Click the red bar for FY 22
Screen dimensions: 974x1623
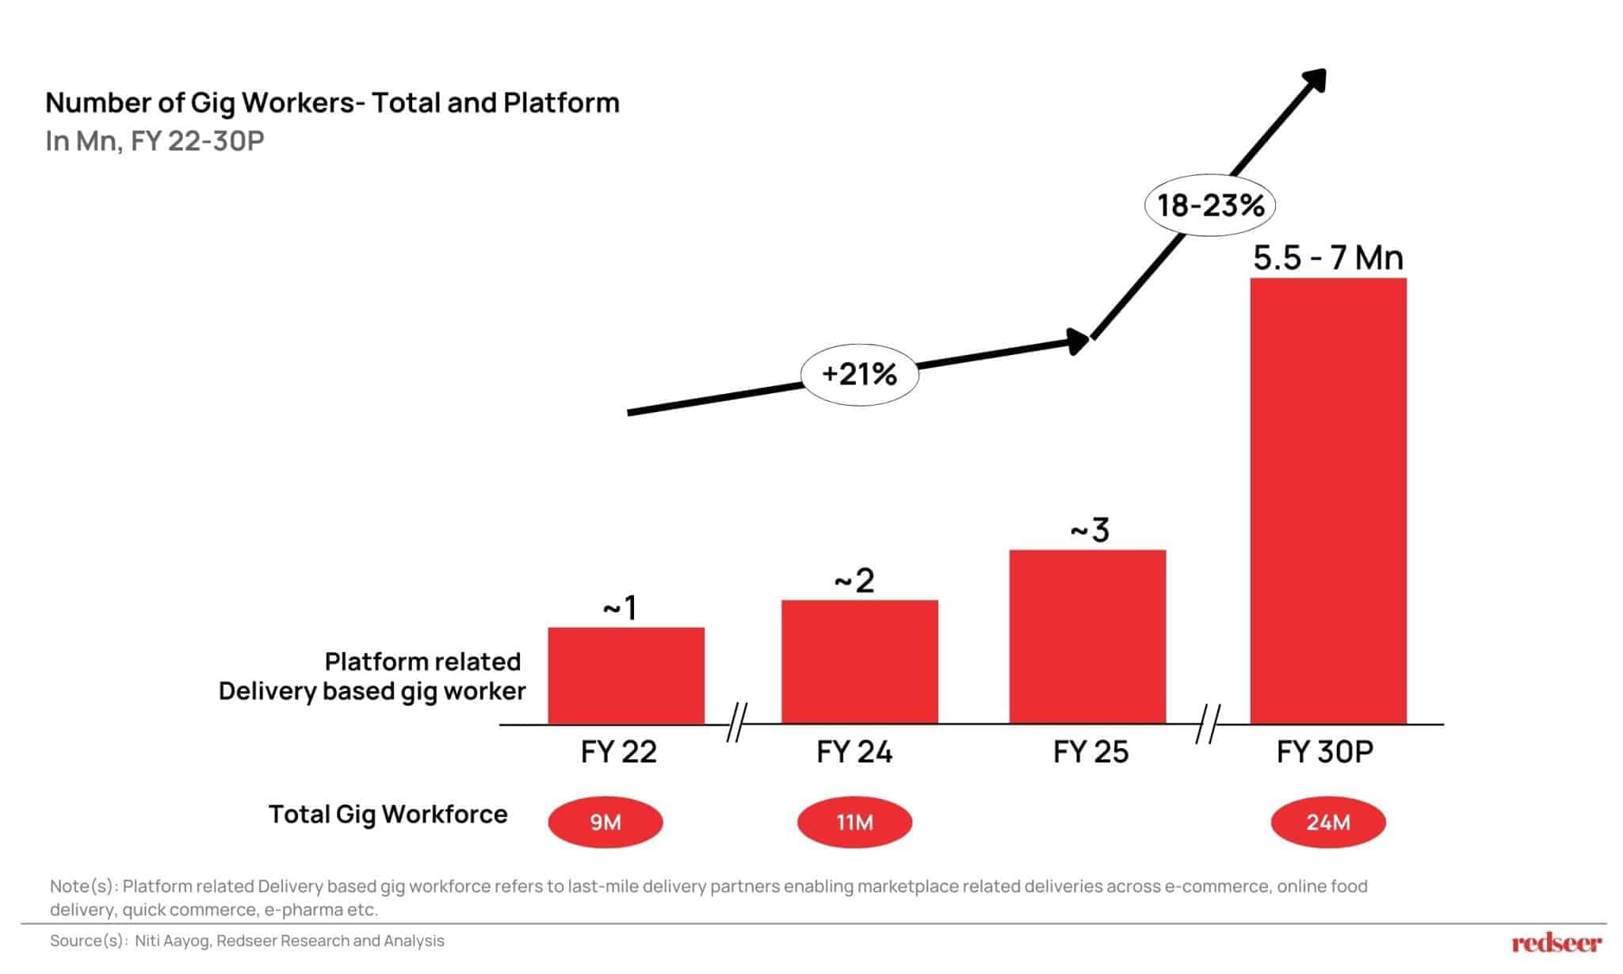tap(626, 675)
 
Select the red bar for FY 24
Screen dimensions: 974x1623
tap(860, 662)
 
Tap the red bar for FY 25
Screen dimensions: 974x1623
tap(1087, 636)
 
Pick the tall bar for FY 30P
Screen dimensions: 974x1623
tap(1328, 501)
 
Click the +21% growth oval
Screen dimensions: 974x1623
tap(860, 374)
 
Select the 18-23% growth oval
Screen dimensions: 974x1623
tap(1210, 206)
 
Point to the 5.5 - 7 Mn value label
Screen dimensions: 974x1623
tap(1328, 258)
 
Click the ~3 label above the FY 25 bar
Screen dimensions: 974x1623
tap(1090, 530)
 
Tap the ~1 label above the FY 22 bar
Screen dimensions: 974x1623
tap(620, 609)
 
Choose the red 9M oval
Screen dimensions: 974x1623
tap(605, 823)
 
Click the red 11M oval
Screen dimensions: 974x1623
tap(854, 823)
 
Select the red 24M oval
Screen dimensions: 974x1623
tap(1328, 823)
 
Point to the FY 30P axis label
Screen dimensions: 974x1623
tap(1324, 751)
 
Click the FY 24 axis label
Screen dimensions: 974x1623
tap(854, 751)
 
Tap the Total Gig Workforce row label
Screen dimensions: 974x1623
tap(388, 814)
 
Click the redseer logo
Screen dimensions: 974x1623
tap(1556, 942)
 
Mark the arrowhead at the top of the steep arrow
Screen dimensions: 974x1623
tap(1316, 80)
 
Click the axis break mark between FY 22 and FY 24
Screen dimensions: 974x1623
tap(736, 723)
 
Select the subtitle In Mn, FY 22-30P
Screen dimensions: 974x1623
tap(155, 141)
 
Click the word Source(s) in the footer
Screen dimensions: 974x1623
tap(86, 941)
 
